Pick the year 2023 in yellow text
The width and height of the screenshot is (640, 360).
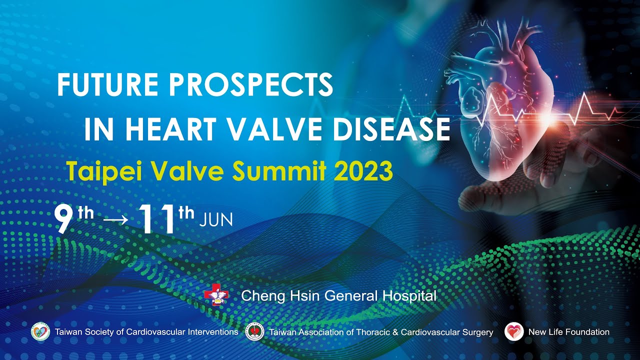[364, 171]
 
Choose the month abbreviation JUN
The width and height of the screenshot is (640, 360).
[216, 220]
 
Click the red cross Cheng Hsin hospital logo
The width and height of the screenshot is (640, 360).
[216, 295]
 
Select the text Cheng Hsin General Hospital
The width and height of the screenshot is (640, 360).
[338, 296]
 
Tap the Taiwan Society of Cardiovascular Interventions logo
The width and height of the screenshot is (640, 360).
[40, 331]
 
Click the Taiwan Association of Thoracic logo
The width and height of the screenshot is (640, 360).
[255, 331]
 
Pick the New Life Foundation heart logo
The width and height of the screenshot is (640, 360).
[513, 331]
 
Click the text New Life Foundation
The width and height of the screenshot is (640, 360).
[568, 332]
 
